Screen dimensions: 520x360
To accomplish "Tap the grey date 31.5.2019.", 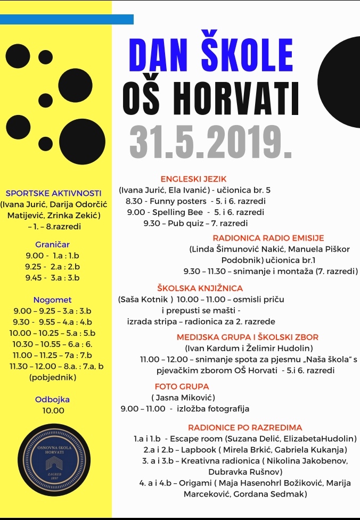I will tap(210, 141).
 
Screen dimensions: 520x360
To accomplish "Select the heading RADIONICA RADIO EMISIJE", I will tap(268, 238).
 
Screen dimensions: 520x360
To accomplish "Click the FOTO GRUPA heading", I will tap(182, 386).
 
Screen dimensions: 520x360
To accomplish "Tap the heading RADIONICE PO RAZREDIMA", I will tap(245, 427).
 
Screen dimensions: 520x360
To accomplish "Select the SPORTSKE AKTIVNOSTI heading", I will tap(53, 193).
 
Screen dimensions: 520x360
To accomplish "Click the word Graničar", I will tap(52, 244).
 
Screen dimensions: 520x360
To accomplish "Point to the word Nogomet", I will tap(52, 300).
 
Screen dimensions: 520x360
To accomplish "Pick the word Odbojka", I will tap(52, 399).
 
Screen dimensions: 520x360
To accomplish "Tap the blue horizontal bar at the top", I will tap(67, 19).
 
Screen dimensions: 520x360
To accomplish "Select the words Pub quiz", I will tap(184, 223).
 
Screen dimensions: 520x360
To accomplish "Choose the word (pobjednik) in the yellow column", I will tap(52, 377).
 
